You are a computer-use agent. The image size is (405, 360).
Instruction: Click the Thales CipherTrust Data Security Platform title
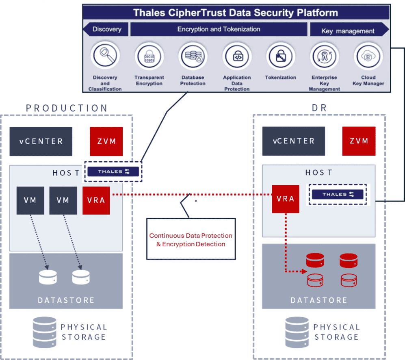[236, 12]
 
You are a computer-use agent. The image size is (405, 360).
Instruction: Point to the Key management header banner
[348, 30]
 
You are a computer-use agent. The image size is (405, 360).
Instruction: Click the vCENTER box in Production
[41, 141]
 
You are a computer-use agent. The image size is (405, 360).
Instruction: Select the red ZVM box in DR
[359, 141]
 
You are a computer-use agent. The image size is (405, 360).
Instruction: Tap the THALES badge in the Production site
[113, 172]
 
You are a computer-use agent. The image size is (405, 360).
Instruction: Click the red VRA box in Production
[96, 200]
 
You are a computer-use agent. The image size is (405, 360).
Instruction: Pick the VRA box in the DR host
[286, 199]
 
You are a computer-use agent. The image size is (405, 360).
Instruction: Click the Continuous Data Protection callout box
[191, 239]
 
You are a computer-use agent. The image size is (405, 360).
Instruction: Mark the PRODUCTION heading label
[67, 108]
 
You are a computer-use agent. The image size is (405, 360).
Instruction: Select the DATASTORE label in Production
[66, 300]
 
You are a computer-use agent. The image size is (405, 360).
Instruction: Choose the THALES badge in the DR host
[338, 194]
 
